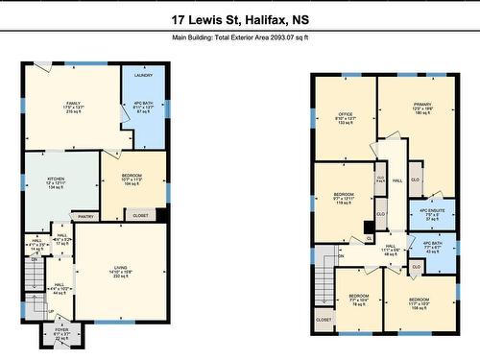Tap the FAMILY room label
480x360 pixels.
pyautogui.click(x=71, y=104)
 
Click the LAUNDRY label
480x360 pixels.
pyautogui.click(x=145, y=74)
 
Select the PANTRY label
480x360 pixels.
pyautogui.click(x=85, y=217)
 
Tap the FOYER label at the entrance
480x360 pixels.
pyautogui.click(x=61, y=331)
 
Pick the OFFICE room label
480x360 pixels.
pyautogui.click(x=346, y=114)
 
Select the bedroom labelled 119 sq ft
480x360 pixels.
pyautogui.click(x=344, y=195)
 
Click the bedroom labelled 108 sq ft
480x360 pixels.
pyautogui.click(x=420, y=300)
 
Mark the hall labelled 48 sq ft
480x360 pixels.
pyautogui.click(x=391, y=247)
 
